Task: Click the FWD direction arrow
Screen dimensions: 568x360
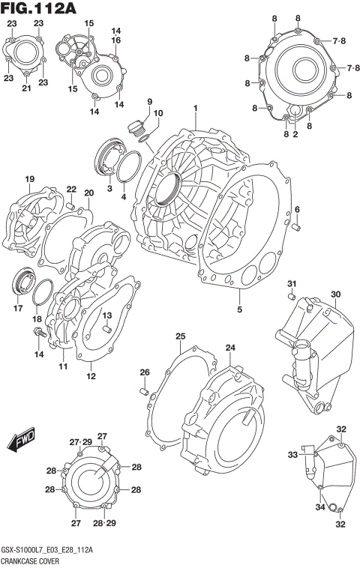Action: pos(23,440)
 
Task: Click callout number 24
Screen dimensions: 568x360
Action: pos(229,348)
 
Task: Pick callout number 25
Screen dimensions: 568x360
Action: pos(180,336)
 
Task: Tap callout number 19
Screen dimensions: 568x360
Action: pos(30,178)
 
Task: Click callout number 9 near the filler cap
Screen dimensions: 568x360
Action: pos(148,102)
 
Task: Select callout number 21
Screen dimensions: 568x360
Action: pos(25,89)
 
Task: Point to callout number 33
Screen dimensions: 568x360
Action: pos(293,455)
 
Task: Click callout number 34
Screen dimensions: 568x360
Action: pos(319,507)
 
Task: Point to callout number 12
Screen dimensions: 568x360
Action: pos(91,376)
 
